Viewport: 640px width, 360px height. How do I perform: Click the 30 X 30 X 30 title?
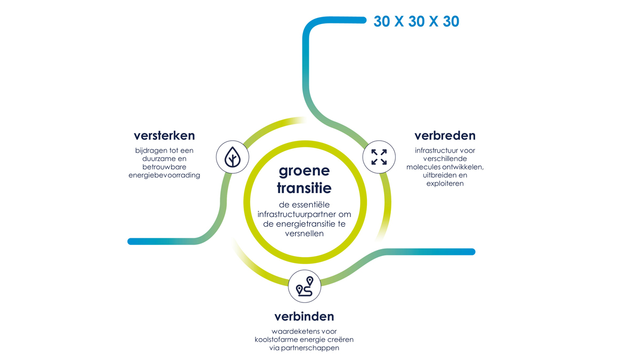[x=417, y=21]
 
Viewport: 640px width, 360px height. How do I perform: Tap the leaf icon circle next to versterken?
[x=233, y=157]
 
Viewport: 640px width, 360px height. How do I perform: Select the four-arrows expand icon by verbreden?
[x=379, y=157]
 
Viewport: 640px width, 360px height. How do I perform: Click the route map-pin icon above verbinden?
[x=305, y=286]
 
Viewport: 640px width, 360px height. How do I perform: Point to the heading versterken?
[x=164, y=135]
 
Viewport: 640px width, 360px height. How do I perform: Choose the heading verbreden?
[x=445, y=135]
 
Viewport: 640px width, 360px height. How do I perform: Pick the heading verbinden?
[x=305, y=316]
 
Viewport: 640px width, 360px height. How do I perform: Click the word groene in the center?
[x=305, y=171]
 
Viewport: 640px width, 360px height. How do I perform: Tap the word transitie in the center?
[x=305, y=188]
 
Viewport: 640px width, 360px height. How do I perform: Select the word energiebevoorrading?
[x=164, y=175]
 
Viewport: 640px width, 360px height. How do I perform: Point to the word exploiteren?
[x=445, y=183]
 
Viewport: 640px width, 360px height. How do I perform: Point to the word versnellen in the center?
[x=305, y=234]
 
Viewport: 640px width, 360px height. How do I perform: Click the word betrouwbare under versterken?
[x=164, y=167]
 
